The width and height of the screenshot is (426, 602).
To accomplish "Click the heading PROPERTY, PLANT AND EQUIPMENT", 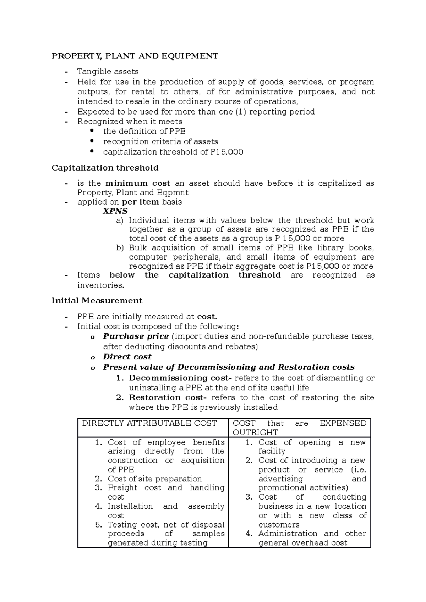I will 135,56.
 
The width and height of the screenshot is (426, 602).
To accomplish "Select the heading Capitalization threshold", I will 105,168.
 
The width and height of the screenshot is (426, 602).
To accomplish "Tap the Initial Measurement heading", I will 97,301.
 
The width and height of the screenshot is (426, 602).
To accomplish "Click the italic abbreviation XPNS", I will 115,211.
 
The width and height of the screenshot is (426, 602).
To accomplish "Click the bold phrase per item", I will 141,202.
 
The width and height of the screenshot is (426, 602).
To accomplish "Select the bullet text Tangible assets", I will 108,72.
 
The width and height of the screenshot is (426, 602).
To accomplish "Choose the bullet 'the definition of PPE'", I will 144,131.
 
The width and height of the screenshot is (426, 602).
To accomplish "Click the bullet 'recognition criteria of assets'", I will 160,141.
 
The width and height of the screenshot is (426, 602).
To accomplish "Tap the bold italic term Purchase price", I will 136,336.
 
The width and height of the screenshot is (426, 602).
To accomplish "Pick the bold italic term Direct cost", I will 127,357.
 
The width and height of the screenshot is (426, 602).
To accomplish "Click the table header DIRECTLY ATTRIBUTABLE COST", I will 149,423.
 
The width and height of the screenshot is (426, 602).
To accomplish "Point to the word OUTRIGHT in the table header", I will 255,433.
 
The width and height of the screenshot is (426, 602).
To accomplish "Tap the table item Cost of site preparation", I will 155,479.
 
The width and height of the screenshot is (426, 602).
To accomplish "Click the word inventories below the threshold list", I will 100,285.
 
